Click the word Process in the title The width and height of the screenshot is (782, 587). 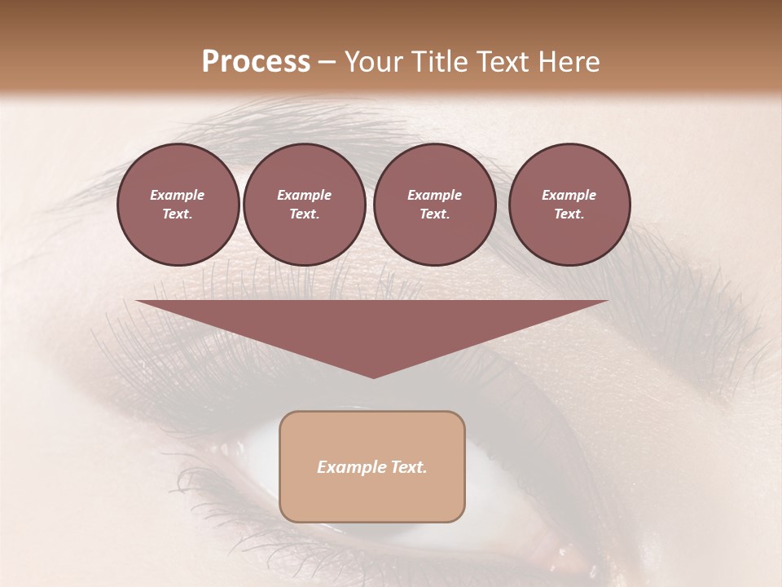(x=256, y=62)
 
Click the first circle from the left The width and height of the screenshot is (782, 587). (x=178, y=205)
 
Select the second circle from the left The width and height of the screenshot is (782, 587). (x=305, y=205)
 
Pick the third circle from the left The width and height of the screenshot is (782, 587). (x=434, y=205)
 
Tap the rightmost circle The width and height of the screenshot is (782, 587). (x=569, y=205)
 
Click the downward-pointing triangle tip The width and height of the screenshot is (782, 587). (x=373, y=376)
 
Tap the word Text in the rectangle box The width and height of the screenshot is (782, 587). (x=406, y=467)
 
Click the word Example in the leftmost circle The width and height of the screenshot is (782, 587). (x=178, y=195)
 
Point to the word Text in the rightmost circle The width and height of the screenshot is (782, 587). (x=569, y=214)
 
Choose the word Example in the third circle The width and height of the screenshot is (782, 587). (x=434, y=195)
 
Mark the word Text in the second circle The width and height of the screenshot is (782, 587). (x=304, y=214)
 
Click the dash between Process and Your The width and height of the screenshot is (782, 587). (x=327, y=62)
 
